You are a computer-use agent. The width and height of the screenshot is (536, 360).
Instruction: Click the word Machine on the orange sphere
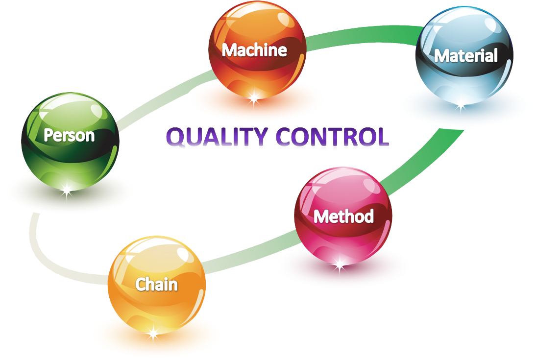pyautogui.click(x=254, y=50)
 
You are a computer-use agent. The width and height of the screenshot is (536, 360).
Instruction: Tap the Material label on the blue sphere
pyautogui.click(x=466, y=56)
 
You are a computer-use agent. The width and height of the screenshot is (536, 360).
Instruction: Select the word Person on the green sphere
pyautogui.click(x=69, y=135)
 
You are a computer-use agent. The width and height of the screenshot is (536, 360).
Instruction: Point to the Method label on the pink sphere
pyautogui.click(x=343, y=216)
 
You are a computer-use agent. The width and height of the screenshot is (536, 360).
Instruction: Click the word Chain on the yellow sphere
pyautogui.click(x=157, y=285)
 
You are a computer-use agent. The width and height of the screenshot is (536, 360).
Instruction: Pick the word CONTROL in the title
pyautogui.click(x=333, y=137)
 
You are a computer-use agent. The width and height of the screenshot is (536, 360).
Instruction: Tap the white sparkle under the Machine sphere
pyautogui.click(x=254, y=97)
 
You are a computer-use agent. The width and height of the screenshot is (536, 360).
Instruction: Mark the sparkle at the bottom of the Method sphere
pyautogui.click(x=340, y=263)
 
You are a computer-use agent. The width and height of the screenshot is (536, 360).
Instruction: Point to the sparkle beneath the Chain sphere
pyautogui.click(x=154, y=332)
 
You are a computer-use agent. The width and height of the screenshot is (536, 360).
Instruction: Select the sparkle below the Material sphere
pyautogui.click(x=461, y=106)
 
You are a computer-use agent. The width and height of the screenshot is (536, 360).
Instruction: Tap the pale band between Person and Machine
pyautogui.click(x=164, y=99)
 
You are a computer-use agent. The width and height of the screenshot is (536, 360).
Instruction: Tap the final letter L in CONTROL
pyautogui.click(x=382, y=137)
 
